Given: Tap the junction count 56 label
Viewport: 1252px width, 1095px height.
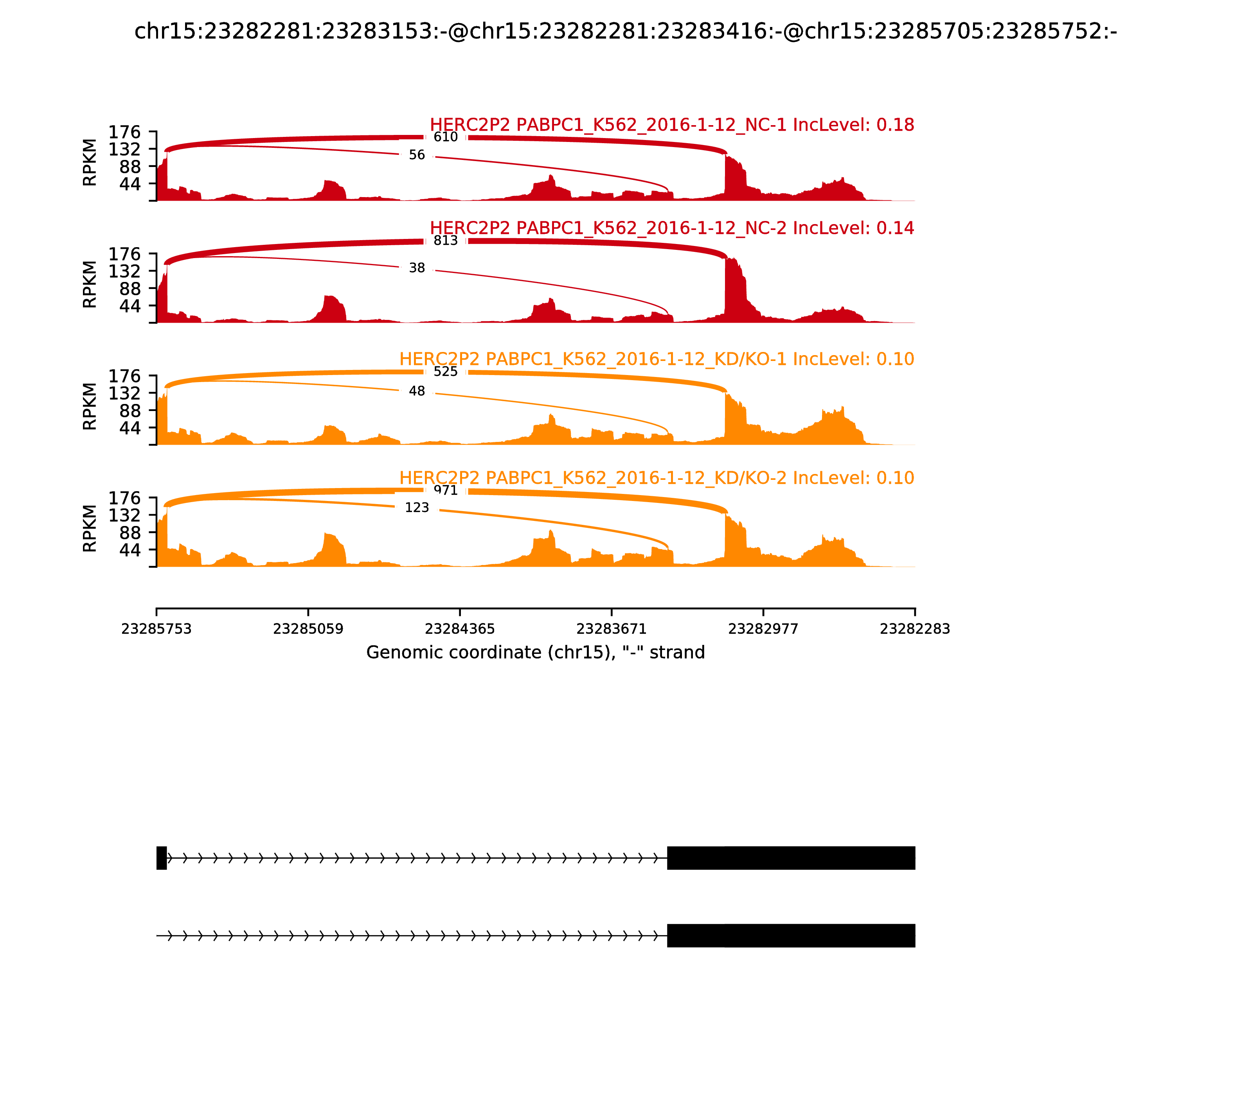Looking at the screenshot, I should click(x=417, y=155).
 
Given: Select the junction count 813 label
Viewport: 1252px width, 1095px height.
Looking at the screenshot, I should click(x=445, y=241).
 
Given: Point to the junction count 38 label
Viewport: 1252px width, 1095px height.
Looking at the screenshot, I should click(x=417, y=268).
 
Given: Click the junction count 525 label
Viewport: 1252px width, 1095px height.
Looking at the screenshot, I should click(x=445, y=372).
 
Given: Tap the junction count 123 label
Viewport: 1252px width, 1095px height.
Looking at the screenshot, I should click(x=417, y=508).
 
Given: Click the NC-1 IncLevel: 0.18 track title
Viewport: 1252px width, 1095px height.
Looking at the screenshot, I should click(x=672, y=125).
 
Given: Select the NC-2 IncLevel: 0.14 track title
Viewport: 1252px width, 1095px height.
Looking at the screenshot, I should click(x=672, y=228).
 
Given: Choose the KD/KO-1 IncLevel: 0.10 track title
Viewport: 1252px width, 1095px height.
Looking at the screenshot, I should click(x=657, y=359).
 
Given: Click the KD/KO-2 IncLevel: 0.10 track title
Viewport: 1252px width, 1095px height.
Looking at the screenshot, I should click(x=657, y=478).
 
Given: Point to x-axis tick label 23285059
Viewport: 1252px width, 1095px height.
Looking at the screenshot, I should click(x=308, y=629).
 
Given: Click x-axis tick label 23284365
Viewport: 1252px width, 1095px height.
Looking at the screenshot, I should click(x=460, y=629).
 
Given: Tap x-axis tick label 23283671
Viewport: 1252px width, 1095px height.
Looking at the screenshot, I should click(x=611, y=629).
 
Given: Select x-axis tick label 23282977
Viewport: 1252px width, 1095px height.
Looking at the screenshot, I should click(x=763, y=629).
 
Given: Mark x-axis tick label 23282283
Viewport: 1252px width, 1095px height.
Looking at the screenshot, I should click(x=915, y=629).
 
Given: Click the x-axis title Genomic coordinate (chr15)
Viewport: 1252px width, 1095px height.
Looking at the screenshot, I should click(x=536, y=653).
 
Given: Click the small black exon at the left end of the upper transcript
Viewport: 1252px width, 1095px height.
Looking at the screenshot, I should click(x=161, y=858).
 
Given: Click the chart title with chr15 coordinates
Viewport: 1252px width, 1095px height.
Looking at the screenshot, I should click(x=625, y=31).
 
